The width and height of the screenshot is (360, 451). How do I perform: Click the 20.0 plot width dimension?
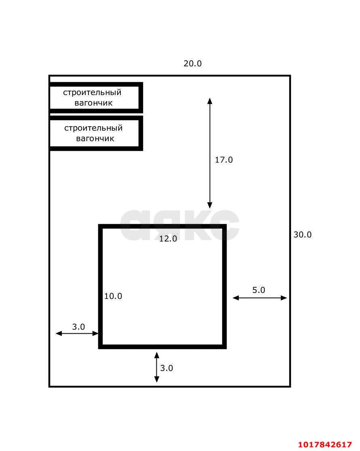[192, 63]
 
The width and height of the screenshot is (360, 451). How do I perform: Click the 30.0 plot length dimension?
[302, 235]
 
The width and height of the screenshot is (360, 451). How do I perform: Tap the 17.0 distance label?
[224, 160]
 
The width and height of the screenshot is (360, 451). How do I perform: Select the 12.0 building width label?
[168, 238]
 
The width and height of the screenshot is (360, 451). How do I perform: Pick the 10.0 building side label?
[113, 296]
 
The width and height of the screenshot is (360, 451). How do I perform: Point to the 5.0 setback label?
[259, 290]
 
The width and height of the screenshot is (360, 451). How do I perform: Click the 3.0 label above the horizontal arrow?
[78, 327]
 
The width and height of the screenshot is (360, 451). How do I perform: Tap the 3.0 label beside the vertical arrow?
[166, 368]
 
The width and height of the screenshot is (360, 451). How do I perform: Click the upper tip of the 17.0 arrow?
[210, 98]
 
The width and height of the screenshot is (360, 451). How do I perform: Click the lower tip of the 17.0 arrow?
[210, 208]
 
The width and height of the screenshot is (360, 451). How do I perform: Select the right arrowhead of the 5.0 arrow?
[287, 298]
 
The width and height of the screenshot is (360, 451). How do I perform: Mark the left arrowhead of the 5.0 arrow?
[232, 298]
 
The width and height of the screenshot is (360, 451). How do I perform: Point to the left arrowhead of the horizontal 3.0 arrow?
[56, 333]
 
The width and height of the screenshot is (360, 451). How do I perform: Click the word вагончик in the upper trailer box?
[93, 103]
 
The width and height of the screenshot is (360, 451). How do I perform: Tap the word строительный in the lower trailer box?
[93, 128]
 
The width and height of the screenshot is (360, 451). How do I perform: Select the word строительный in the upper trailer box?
[92, 93]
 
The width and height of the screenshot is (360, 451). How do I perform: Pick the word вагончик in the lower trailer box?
[95, 139]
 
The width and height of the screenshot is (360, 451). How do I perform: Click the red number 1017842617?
[325, 445]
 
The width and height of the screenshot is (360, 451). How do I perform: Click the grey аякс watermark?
[179, 225]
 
